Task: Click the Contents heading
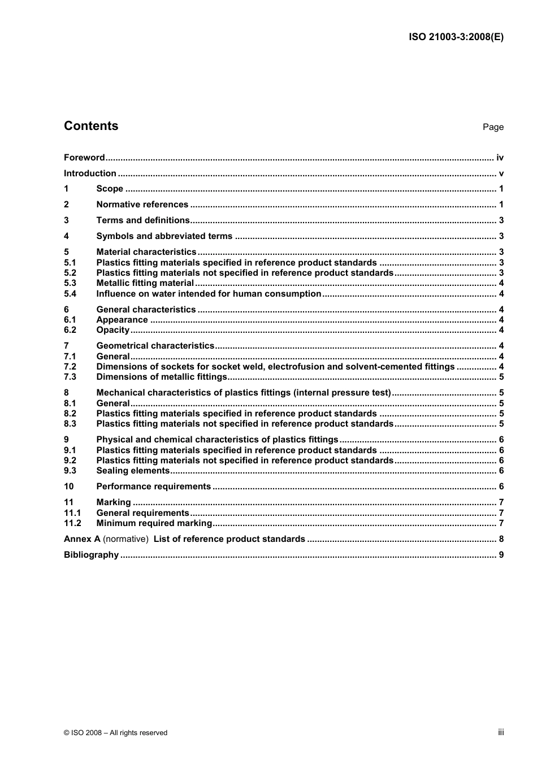pos(91,126)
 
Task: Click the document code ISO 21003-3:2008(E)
pos(456,37)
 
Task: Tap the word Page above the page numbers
pos(493,127)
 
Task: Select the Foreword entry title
pos(84,158)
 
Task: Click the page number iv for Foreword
pos(500,158)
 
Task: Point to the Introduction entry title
pos(90,173)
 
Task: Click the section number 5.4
pos(70,294)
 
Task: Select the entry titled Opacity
pos(113,330)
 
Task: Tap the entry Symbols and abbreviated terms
pos(164,236)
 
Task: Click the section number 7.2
pos(70,367)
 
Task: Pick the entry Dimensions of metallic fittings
pos(162,377)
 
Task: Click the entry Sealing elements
pos(133,471)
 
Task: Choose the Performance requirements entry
pos(153,487)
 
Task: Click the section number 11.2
pos(72,523)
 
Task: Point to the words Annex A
pos(82,539)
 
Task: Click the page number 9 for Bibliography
pos(501,555)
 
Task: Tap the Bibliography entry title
pos(91,555)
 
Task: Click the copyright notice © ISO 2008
pos(115,733)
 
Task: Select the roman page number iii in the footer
pos(501,732)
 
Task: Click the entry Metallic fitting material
pos(145,283)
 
